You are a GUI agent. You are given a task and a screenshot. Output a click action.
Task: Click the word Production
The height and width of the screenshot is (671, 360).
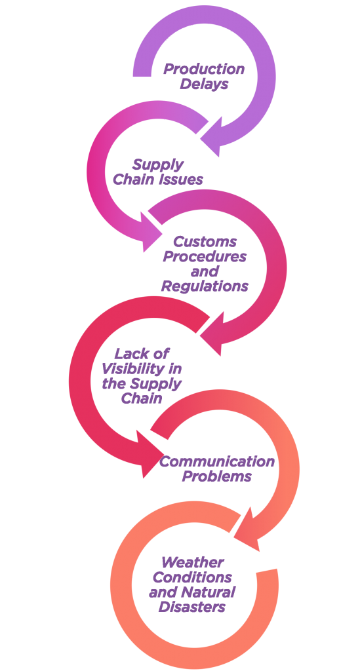click(x=204, y=69)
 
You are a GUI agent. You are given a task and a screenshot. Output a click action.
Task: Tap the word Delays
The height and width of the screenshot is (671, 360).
click(x=204, y=84)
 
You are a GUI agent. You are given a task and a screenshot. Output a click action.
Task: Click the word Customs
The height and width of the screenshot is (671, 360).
click(x=205, y=241)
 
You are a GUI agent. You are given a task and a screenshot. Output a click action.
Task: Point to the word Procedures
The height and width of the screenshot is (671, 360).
click(x=205, y=256)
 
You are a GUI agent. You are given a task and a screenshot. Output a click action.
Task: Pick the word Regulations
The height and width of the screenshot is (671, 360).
click(x=205, y=286)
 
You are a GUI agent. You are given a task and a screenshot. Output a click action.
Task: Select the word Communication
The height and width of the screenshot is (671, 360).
click(x=216, y=461)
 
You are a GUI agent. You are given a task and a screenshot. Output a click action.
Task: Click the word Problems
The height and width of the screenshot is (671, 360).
click(x=216, y=476)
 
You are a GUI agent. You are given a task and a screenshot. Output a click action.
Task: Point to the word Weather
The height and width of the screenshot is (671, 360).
click(x=193, y=562)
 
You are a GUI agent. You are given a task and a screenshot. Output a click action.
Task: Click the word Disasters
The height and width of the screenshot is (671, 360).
click(x=191, y=606)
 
